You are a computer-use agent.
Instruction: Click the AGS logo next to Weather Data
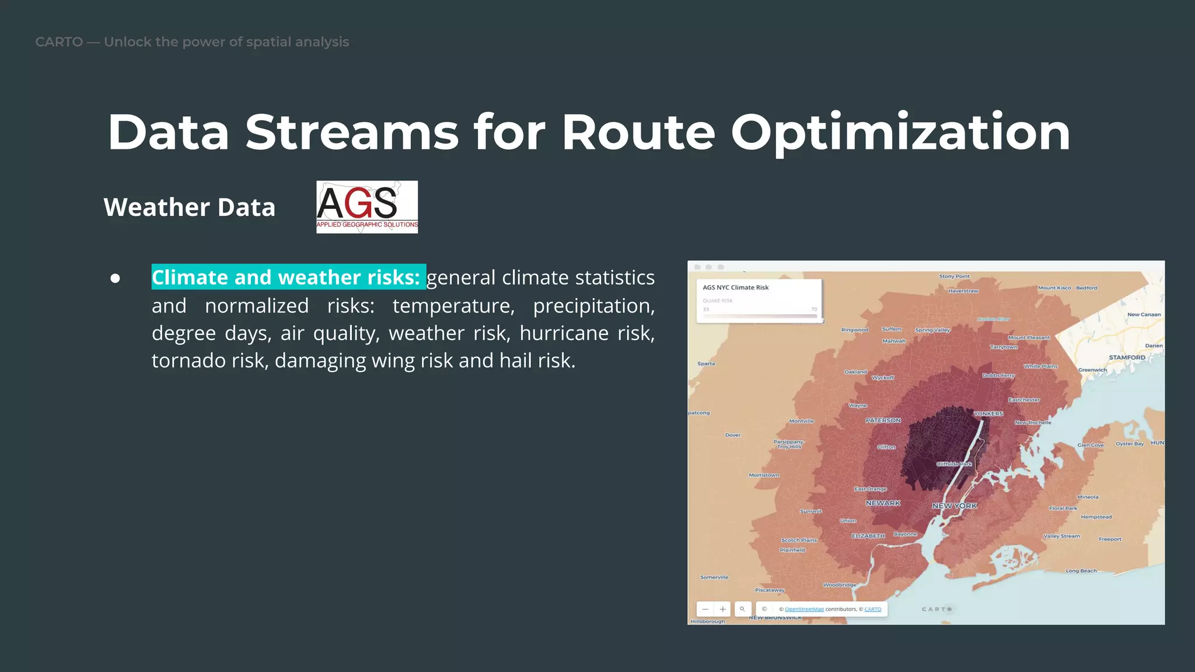tap(366, 207)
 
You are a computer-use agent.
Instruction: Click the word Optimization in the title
tap(900, 133)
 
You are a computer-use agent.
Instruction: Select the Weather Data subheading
tap(189, 208)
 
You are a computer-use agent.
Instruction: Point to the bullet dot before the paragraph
tap(116, 278)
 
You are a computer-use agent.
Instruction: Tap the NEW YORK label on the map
tap(954, 506)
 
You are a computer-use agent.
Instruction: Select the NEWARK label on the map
tap(883, 503)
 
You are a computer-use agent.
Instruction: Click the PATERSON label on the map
tap(883, 421)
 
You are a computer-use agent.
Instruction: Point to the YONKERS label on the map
tap(988, 414)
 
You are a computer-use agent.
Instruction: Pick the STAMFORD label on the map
tap(1127, 358)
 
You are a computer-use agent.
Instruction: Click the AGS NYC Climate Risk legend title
tap(735, 288)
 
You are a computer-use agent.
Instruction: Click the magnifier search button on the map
tap(742, 609)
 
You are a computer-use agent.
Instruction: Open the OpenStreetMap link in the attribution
tap(804, 609)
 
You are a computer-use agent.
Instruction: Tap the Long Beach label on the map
tap(1081, 571)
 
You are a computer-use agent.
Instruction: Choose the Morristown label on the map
tap(764, 475)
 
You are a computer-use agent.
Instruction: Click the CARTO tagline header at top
tap(192, 42)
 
